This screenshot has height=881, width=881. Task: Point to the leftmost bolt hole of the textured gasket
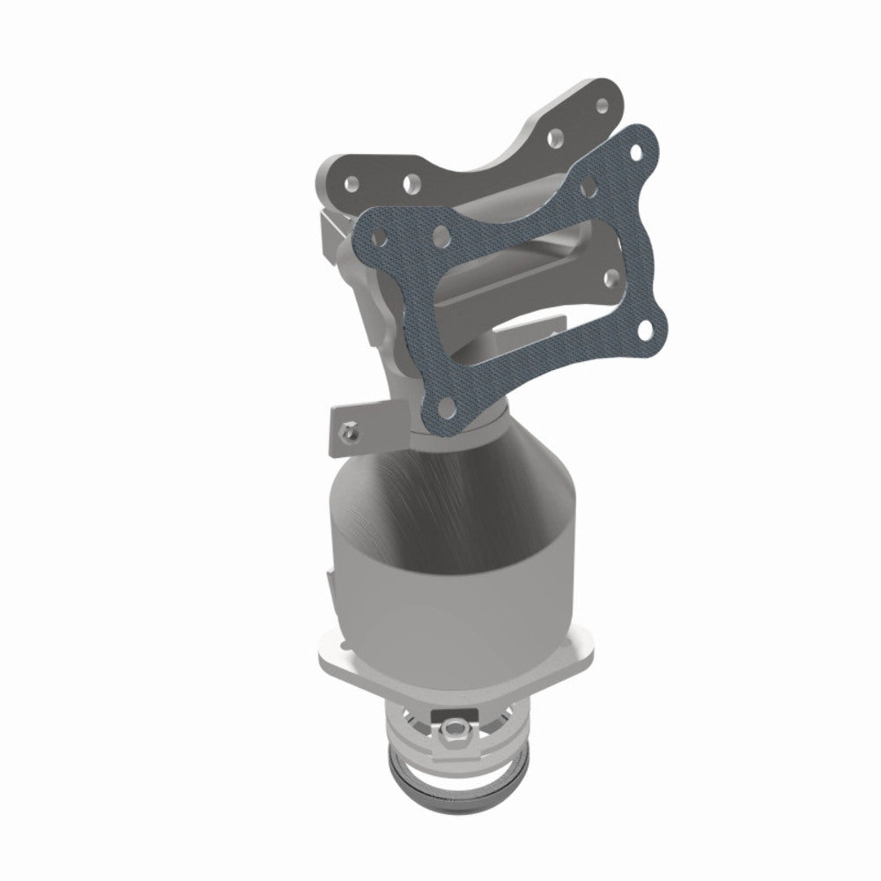(x=379, y=239)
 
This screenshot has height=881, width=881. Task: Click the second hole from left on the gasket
(x=440, y=235)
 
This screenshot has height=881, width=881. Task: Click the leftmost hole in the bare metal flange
(x=352, y=185)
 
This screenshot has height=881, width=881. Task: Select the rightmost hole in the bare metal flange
(x=603, y=105)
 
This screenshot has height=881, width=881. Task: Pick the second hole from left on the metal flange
(x=410, y=183)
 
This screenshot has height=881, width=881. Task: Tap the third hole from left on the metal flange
(x=556, y=137)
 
